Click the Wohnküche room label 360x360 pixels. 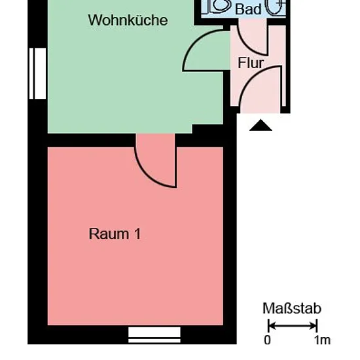[128, 20]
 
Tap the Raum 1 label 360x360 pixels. [115, 234]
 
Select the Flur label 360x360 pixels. [251, 63]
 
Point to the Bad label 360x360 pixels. [248, 9]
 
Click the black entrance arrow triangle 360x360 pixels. [261, 125]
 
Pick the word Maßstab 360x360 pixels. [292, 308]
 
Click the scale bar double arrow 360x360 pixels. [293, 325]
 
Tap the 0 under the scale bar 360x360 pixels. [267, 340]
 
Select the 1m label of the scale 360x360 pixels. [322, 340]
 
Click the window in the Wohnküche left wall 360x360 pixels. [38, 73]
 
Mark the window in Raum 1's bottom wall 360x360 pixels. [154, 335]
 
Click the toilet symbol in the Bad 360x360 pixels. [220, 6]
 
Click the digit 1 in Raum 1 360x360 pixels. [137, 234]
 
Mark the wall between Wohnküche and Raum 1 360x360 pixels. [92, 140]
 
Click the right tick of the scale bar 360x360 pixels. [317, 325]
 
